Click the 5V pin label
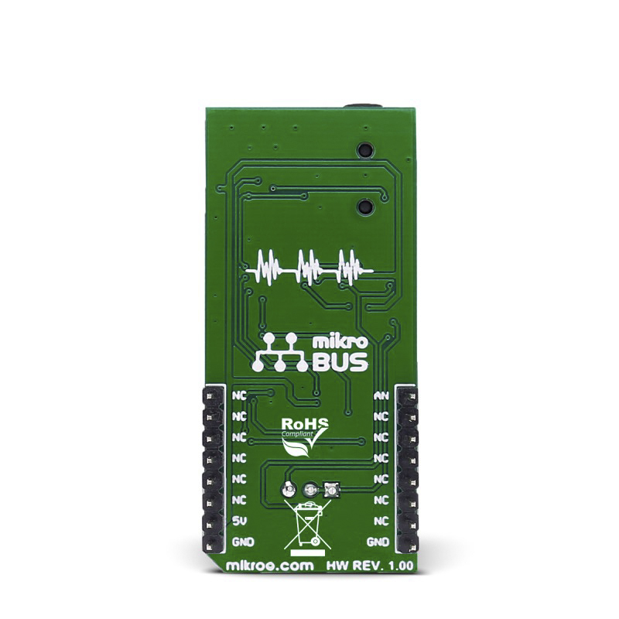point(240,521)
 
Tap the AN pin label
point(381,395)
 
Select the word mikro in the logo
point(340,342)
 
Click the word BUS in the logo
point(340,362)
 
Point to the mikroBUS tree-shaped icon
point(280,353)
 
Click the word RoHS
point(304,424)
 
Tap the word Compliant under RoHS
point(298,434)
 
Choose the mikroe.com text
point(269,566)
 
